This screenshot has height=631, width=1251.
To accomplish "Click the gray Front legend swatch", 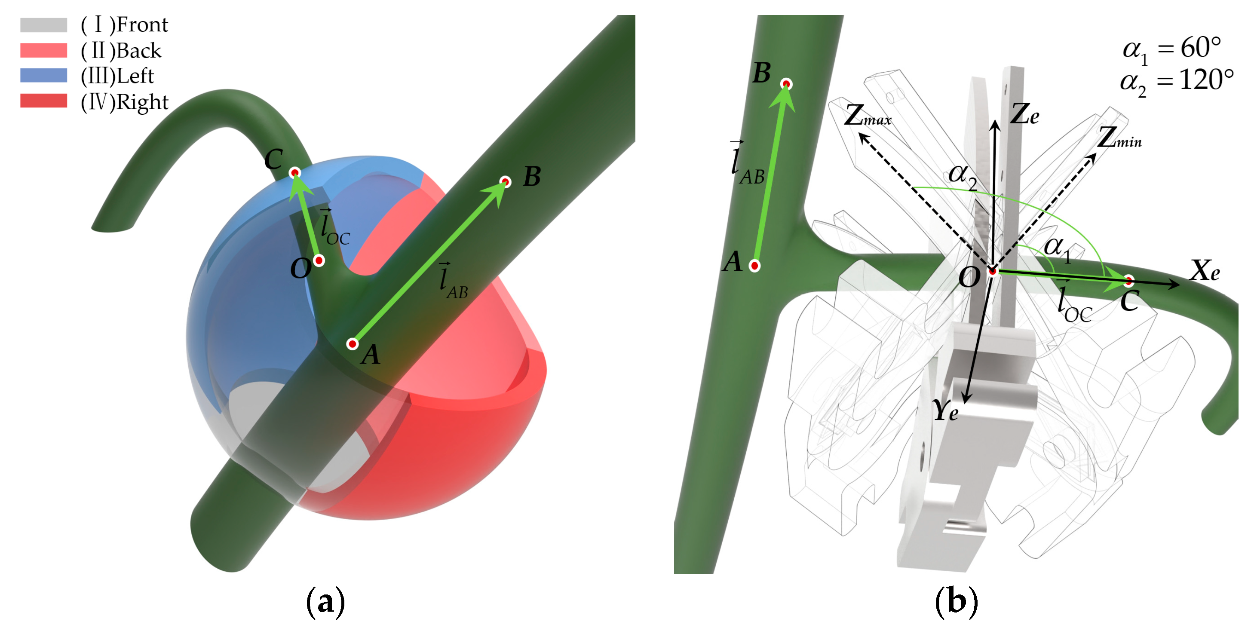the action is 44,25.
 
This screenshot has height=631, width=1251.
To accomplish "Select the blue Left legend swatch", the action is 44,76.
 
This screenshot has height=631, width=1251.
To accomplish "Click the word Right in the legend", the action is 143,102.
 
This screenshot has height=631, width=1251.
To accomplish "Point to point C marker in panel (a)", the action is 295,173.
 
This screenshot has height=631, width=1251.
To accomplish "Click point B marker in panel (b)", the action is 786,84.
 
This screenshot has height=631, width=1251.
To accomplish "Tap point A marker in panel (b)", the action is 754,266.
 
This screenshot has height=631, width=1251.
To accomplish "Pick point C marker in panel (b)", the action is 1128,280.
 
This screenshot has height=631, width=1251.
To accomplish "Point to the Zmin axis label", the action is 1120,138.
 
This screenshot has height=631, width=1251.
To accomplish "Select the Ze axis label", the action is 1025,114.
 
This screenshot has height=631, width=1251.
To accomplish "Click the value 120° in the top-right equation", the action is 1206,80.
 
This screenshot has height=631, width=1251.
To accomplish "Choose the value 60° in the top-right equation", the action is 1201,48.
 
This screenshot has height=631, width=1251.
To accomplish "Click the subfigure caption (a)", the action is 325,602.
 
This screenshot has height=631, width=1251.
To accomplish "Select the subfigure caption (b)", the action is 956,602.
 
